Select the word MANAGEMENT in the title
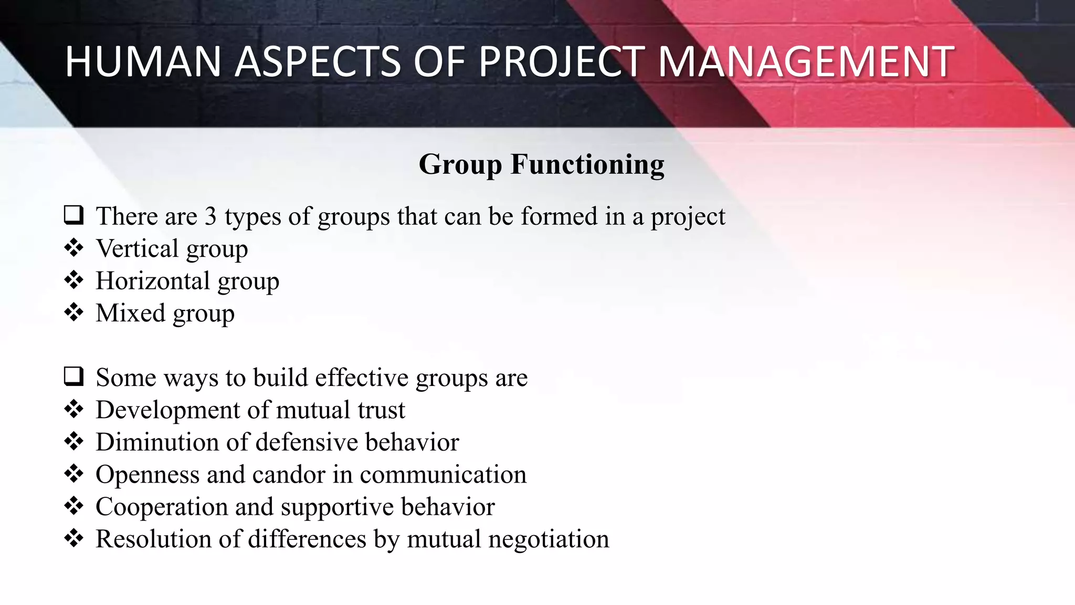coord(806,62)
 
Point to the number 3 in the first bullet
coord(210,216)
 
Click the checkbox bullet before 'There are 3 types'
coord(73,215)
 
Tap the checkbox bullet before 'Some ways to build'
coord(73,377)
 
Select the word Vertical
coord(138,248)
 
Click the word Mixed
coord(131,313)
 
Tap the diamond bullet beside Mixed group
coord(73,312)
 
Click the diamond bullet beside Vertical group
coord(73,248)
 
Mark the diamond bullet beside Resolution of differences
coord(73,538)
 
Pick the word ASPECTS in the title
coord(318,62)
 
